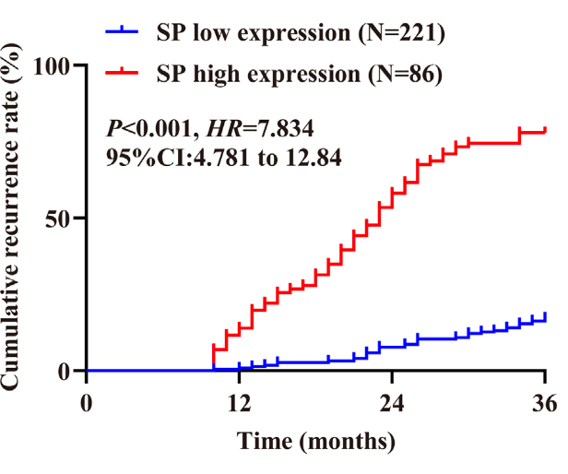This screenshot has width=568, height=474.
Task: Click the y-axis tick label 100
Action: (53, 65)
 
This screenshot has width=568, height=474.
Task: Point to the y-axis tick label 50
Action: (59, 219)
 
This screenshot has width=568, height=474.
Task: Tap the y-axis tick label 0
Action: (65, 371)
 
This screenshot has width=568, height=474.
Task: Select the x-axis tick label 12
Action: (239, 403)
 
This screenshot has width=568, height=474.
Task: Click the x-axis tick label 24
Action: (392, 403)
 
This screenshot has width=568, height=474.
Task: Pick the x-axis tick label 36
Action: (545, 403)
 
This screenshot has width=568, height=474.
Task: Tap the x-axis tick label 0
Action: (87, 403)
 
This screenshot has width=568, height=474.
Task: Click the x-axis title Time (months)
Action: (316, 441)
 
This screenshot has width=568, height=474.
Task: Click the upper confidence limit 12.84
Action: (311, 158)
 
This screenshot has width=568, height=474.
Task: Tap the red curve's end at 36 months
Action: (545, 131)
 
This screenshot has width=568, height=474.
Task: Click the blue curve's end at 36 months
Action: (545, 318)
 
